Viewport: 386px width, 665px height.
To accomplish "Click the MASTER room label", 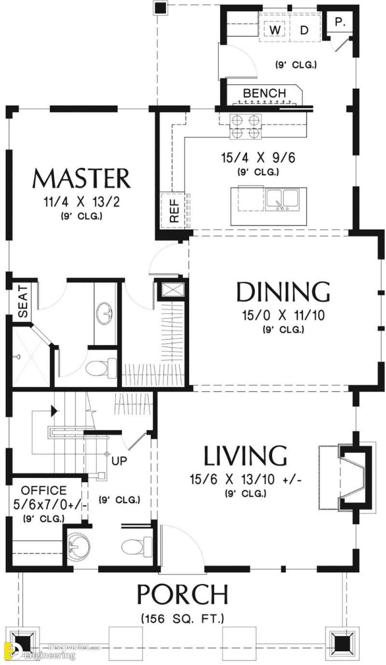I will tap(81, 179).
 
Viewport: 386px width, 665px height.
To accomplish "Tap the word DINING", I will tap(283, 292).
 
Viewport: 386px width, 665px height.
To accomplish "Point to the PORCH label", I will tap(182, 595).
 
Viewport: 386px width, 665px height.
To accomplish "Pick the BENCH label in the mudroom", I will tap(264, 93).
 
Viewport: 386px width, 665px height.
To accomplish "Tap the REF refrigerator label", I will tap(174, 211).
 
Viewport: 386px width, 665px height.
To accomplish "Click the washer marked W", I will tap(275, 30).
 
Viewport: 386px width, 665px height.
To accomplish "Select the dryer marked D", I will tap(304, 30).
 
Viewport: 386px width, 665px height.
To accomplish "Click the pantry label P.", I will tap(340, 22).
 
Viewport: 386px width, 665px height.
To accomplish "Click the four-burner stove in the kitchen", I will tap(245, 126).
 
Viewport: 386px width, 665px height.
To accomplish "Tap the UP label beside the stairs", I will tap(119, 461).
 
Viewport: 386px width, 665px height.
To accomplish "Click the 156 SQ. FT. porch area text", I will tap(182, 618).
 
